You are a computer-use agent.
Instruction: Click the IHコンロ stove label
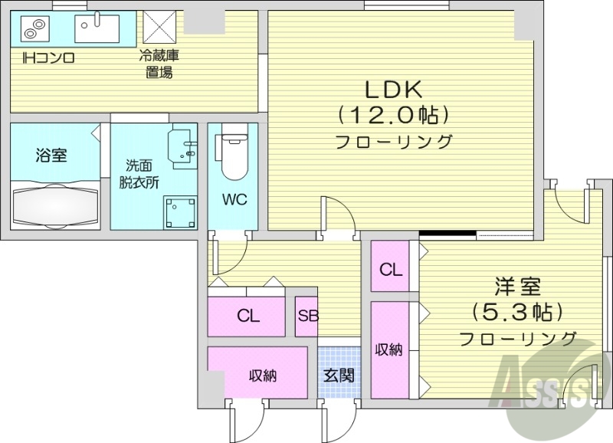tap(48, 57)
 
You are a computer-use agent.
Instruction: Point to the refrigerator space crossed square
tap(159, 29)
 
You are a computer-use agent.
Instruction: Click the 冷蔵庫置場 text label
tap(159, 64)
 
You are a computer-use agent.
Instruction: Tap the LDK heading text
tap(393, 90)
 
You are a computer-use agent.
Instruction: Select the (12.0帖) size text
tap(393, 115)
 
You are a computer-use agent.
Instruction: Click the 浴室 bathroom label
tap(51, 156)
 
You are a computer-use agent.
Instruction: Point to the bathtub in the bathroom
tap(55, 203)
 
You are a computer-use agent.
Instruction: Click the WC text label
tap(234, 200)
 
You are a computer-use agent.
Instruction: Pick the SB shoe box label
tap(307, 316)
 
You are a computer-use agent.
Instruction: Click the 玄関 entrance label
tap(338, 376)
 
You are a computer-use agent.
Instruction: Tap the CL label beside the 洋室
tap(391, 270)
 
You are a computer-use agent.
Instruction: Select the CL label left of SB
tap(248, 316)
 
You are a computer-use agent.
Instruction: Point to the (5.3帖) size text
tap(517, 313)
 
